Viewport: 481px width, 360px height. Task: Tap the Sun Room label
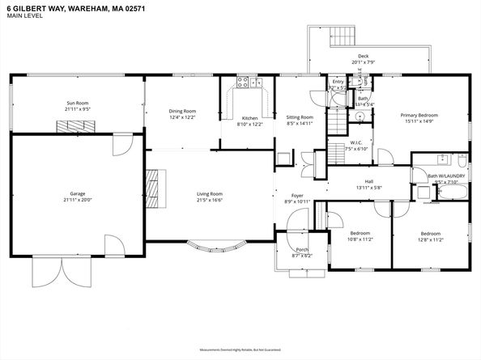[x=77, y=102]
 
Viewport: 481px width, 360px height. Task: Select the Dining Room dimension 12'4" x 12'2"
[x=181, y=117]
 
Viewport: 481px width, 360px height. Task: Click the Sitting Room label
[x=300, y=117]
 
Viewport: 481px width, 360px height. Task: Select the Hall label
[x=368, y=181]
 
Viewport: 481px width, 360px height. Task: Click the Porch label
[x=301, y=249]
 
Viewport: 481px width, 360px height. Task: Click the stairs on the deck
[x=343, y=36]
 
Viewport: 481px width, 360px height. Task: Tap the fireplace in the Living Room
[x=151, y=190]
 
